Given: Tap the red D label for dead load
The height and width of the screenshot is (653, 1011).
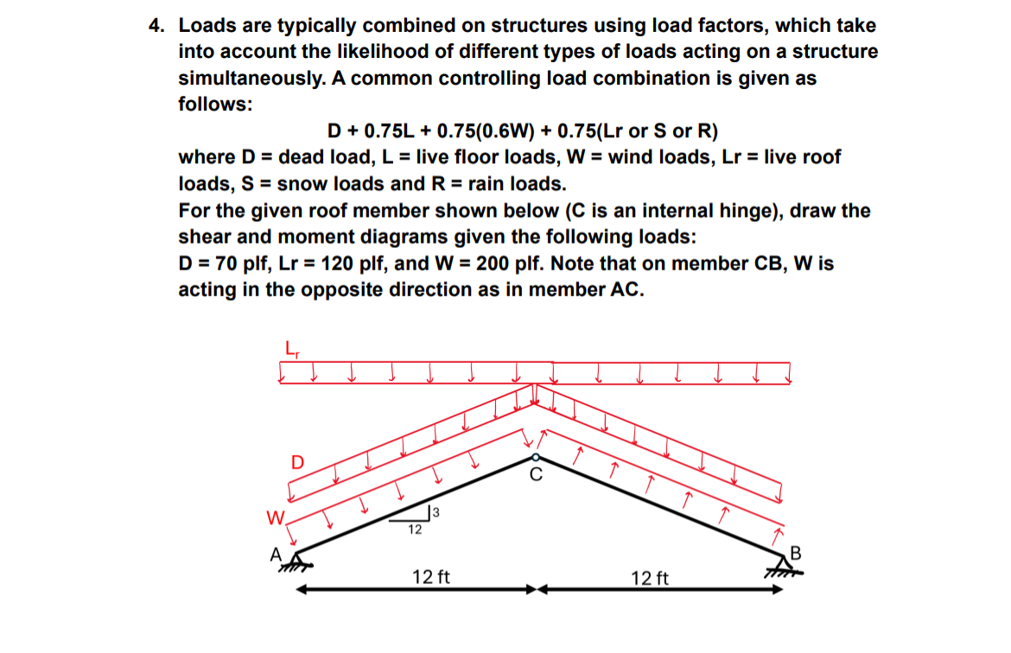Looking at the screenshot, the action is coord(296,462).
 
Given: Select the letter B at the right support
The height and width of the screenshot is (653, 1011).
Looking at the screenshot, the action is coord(796,553).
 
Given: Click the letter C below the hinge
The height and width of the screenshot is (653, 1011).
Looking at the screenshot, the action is coord(536,474).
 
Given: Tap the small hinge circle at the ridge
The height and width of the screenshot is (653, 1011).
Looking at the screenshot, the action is coord(536,457).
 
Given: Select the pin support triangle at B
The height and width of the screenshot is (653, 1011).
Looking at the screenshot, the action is coord(776,565).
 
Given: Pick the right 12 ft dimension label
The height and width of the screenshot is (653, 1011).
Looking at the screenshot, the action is coord(651,577).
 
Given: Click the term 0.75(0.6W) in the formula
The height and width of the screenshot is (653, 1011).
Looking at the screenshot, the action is coord(489,131).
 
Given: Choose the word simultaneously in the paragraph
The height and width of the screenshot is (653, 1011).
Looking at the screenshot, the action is coord(249,79).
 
